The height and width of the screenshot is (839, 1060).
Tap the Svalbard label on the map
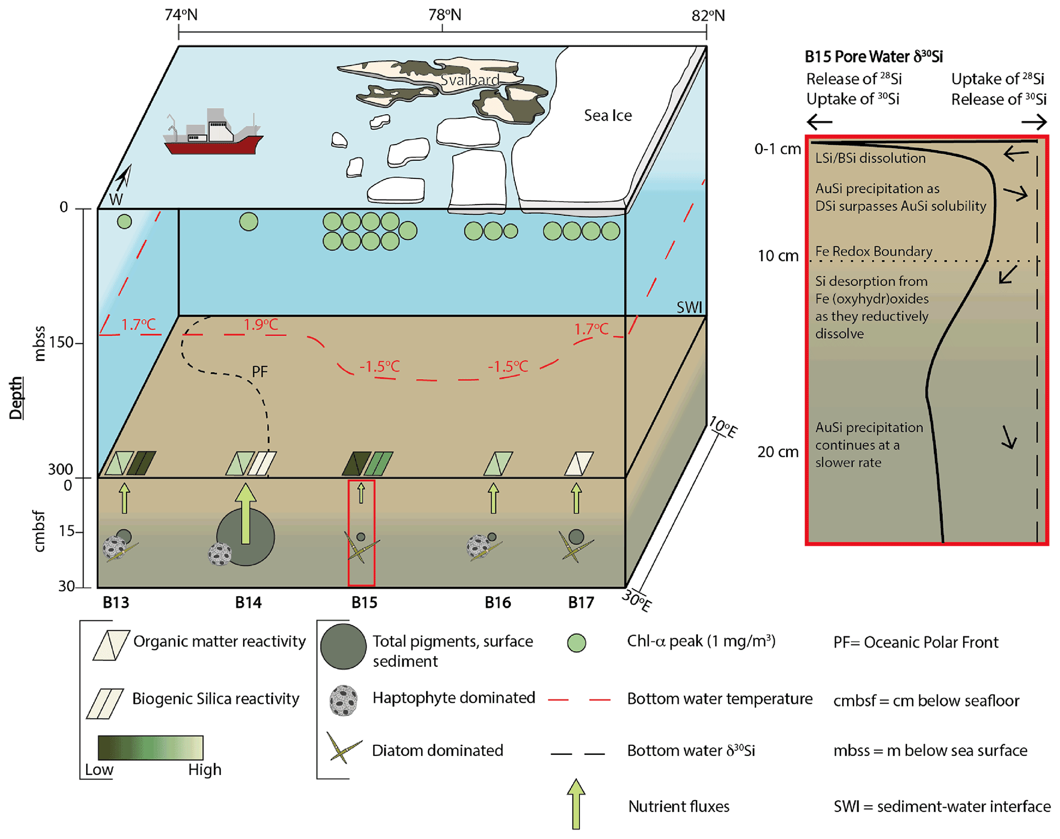coord(469,80)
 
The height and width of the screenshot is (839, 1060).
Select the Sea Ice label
coord(608,115)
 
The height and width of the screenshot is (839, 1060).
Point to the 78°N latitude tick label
coord(445,15)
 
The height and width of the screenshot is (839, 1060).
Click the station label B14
coord(248,602)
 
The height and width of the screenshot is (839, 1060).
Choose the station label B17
coord(581,602)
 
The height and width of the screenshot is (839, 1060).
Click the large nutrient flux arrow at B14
coord(246,513)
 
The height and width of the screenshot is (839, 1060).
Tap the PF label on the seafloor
coord(259,372)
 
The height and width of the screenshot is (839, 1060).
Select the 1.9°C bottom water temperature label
coord(261,324)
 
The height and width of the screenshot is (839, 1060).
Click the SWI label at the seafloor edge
coord(689,308)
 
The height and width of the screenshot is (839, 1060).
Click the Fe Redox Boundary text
coord(873,251)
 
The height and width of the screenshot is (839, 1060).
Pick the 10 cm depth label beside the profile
coord(778,256)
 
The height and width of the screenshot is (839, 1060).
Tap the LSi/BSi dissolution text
coord(870,158)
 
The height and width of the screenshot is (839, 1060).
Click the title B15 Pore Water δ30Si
coord(873,56)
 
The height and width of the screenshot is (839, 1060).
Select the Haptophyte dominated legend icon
coord(344,700)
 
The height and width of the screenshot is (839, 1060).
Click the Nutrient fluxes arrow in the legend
coord(576,804)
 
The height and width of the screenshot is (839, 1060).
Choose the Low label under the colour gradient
coord(99,769)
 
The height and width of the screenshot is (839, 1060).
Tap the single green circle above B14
coord(249,221)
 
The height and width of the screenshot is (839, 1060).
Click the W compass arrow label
coord(116,199)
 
